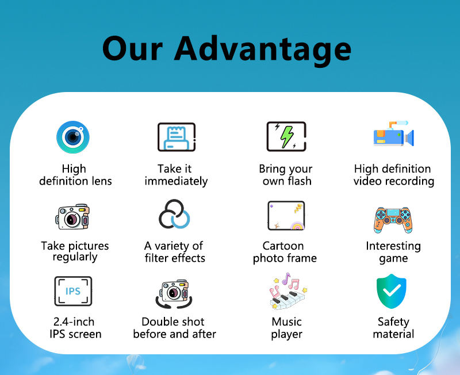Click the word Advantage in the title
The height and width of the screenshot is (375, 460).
[x=263, y=50]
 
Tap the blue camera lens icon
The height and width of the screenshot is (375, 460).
[x=73, y=137]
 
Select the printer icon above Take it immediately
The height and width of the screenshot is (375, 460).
[x=177, y=137]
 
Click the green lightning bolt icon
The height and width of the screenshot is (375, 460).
[x=286, y=137]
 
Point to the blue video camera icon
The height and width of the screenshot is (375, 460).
[x=393, y=134]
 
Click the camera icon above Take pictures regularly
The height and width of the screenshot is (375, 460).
[x=72, y=217]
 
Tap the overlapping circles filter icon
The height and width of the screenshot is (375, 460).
[x=174, y=214]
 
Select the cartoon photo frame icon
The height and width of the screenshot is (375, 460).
[x=286, y=216]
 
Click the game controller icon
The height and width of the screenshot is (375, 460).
[x=393, y=220]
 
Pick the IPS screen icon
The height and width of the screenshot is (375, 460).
[x=73, y=291]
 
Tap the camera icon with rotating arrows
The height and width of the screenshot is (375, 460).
[x=174, y=294]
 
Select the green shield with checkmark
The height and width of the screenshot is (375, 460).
[x=392, y=291]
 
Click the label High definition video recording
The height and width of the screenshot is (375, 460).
[x=393, y=175]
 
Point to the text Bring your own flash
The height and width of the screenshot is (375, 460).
[x=286, y=175]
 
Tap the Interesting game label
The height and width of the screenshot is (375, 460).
[x=393, y=252]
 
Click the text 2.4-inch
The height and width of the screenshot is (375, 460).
[x=74, y=322]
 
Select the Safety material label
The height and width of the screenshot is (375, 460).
[x=393, y=328]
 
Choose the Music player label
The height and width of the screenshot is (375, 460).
[x=286, y=328]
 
